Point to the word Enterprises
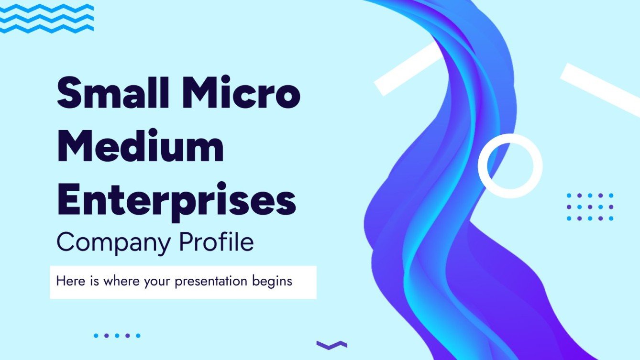tap(176, 201)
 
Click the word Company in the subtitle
tap(113, 243)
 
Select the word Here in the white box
tap(70, 281)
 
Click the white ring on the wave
tap(510, 166)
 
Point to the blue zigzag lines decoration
tap(46, 18)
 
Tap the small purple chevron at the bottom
tap(331, 344)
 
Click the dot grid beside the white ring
tap(590, 207)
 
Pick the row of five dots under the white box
tap(117, 336)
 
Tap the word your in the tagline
tap(155, 282)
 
